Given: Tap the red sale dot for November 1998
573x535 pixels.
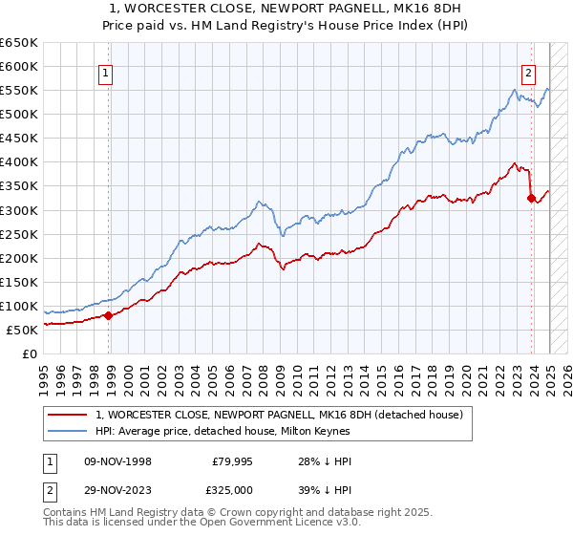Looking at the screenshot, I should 108,315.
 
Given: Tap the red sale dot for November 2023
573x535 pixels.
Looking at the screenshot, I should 531,198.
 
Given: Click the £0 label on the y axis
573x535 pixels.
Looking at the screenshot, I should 29,353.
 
